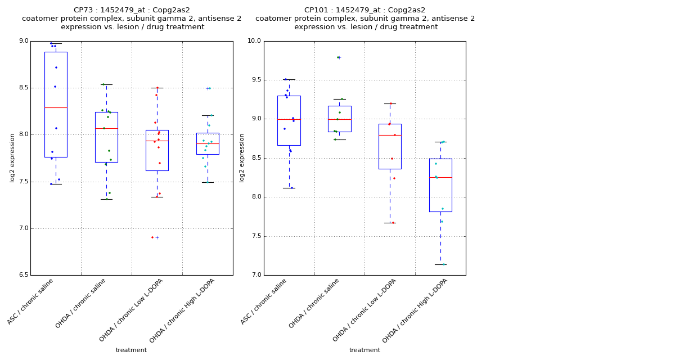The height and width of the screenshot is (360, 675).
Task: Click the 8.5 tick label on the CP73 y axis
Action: point(24,88)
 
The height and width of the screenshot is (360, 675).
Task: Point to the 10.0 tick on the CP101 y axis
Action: point(255,41)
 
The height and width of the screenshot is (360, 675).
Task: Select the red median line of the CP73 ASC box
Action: point(56,107)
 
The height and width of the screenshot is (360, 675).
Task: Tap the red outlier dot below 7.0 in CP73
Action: point(152,237)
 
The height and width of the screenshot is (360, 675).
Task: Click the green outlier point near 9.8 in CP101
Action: point(337,57)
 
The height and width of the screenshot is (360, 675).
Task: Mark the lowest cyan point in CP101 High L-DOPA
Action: point(443,264)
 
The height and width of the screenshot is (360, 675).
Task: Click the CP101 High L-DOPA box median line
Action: point(440,177)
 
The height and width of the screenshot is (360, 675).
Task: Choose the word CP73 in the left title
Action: point(85,10)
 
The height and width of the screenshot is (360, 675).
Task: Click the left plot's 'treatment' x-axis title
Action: point(131,350)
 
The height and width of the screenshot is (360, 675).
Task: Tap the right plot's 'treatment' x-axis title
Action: point(364,350)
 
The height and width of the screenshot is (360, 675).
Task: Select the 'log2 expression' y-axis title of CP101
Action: point(242,158)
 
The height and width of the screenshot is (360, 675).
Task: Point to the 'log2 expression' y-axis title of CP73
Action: point(12,158)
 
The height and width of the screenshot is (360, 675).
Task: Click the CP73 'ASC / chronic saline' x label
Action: point(31,301)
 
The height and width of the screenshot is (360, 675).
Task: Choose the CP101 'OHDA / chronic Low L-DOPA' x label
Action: point(365,310)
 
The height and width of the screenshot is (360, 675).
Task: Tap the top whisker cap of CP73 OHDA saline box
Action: point(106,84)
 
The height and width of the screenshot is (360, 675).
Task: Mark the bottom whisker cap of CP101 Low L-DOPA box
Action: point(390,223)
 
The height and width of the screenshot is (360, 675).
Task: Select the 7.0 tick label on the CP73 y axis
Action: point(24,228)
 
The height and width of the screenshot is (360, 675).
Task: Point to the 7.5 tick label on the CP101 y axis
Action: point(255,236)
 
